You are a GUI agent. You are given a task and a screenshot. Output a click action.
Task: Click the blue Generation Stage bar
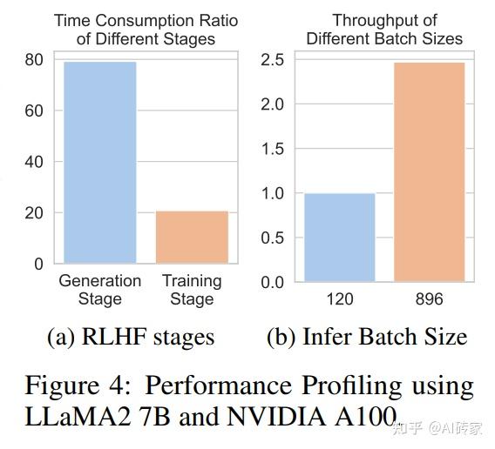coord(99,163)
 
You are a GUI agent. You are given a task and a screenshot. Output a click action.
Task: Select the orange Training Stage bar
coord(192,237)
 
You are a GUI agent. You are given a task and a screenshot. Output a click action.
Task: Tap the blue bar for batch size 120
coord(339,238)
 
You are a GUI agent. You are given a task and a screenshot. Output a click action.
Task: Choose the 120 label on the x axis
coord(339,299)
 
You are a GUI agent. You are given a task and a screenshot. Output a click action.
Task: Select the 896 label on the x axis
coord(430,299)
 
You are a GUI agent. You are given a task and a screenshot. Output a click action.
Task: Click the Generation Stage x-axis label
coord(99,290)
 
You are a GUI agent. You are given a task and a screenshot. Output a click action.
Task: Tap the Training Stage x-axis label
coord(192,290)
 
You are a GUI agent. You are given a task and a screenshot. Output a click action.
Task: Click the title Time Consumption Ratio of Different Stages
coord(146,29)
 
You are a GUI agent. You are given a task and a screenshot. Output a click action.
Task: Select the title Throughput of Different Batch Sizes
coord(384,29)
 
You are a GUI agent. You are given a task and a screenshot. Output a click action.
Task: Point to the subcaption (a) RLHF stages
coord(130,337)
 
